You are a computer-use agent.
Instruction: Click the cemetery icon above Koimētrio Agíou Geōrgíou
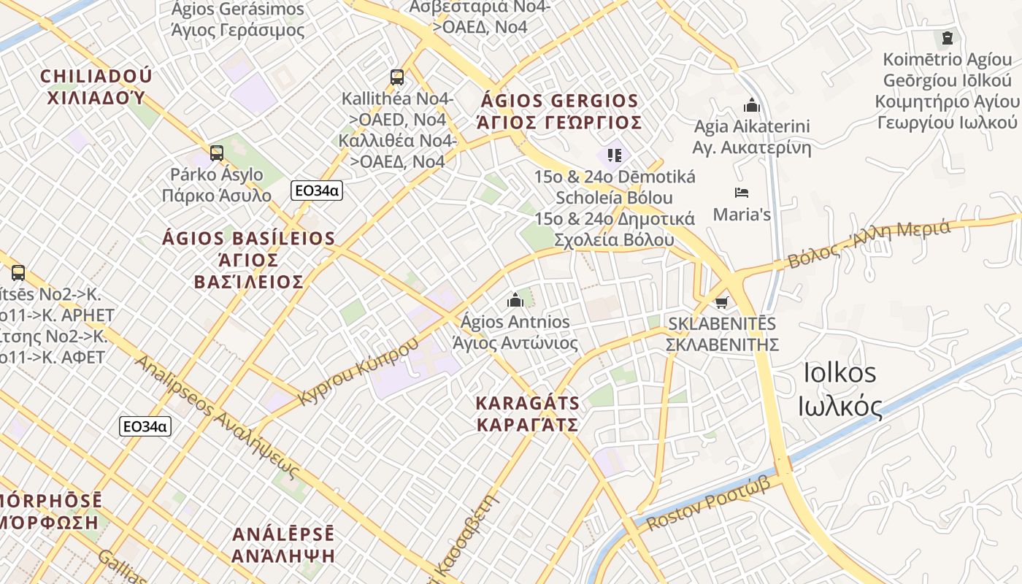948,38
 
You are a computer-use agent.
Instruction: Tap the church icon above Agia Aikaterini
751,105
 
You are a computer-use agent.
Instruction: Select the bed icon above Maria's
742,193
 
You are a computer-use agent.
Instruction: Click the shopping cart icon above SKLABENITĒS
722,302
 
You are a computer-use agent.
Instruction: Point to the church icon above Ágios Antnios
515,299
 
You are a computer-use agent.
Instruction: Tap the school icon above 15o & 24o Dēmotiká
614,155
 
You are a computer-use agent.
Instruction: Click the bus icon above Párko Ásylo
216,153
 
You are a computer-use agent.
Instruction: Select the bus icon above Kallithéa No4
397,77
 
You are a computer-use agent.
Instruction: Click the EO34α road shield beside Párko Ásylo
316,191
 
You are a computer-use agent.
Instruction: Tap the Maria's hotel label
742,215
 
